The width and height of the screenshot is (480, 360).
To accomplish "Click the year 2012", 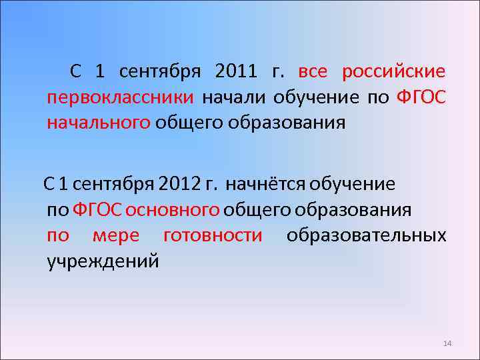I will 180,183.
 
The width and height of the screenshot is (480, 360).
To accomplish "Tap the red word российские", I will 393,71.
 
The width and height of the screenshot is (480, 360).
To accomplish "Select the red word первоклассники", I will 120,98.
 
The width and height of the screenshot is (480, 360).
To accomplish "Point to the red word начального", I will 99,123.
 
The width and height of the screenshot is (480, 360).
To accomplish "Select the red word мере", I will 116,236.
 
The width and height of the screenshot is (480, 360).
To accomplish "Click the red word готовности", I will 213,236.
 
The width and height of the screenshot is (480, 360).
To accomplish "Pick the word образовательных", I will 366,236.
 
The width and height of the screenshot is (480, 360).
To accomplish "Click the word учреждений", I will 103,261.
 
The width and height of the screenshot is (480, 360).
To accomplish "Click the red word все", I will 313,71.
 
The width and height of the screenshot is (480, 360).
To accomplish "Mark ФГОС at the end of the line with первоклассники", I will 421,98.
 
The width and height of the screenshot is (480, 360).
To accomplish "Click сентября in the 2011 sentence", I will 161,71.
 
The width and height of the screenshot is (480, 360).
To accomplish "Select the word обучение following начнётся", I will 352,183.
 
